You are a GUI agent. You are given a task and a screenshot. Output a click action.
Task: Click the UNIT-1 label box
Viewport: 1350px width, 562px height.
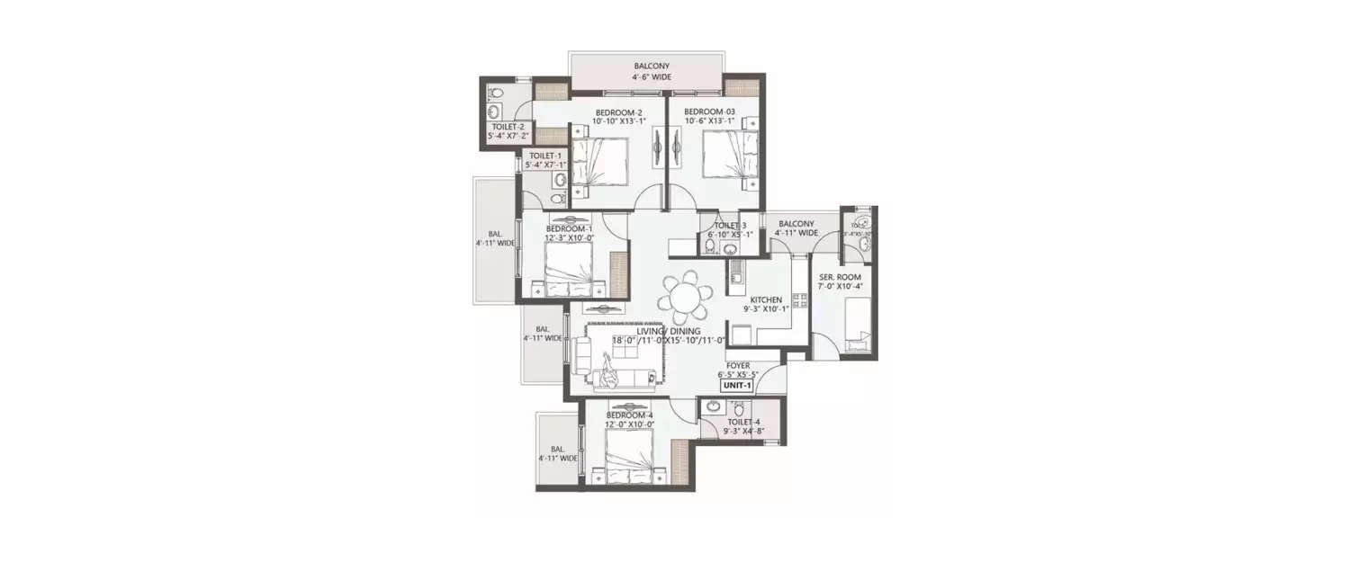[x=736, y=385]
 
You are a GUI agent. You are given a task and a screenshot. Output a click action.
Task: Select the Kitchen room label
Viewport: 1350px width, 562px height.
[x=766, y=300]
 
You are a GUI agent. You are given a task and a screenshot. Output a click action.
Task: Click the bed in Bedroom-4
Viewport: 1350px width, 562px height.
[x=629, y=456]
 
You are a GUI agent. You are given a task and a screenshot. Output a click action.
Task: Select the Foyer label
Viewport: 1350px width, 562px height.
[x=738, y=366]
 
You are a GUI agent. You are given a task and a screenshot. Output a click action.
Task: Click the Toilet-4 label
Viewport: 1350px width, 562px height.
[x=744, y=421]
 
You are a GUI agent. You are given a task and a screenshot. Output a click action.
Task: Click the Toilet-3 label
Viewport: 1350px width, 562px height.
[x=730, y=226]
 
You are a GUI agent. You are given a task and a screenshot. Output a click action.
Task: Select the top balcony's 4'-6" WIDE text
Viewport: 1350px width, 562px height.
[x=652, y=77]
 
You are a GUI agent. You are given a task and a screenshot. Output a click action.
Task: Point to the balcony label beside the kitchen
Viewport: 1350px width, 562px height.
[x=796, y=224]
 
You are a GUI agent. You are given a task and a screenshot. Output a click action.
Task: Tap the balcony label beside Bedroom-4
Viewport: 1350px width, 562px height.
[x=557, y=450]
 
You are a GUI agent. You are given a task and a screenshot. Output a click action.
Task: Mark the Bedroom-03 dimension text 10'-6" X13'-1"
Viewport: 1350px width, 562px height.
[x=715, y=121]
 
